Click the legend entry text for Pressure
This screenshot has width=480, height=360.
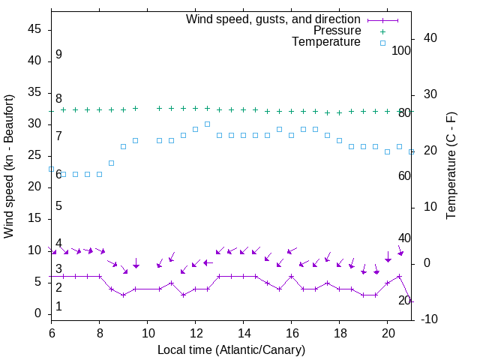(x=337, y=31)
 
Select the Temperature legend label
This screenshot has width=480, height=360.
(x=326, y=43)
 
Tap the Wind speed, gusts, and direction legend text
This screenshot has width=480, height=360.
(x=274, y=19)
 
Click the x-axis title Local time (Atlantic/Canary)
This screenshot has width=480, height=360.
(x=231, y=350)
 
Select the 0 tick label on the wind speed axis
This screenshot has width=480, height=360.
(x=37, y=313)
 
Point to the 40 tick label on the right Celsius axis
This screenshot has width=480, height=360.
(x=430, y=38)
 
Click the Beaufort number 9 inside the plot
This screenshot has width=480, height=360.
(x=58, y=55)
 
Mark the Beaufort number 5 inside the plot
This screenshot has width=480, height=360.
(x=58, y=205)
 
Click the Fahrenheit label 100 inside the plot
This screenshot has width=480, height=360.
(x=402, y=50)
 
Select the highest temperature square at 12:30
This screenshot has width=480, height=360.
(x=207, y=124)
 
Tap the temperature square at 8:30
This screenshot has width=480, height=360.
(x=111, y=163)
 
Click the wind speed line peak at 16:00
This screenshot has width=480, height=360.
(x=291, y=276)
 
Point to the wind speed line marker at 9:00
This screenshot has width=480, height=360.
(x=123, y=295)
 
